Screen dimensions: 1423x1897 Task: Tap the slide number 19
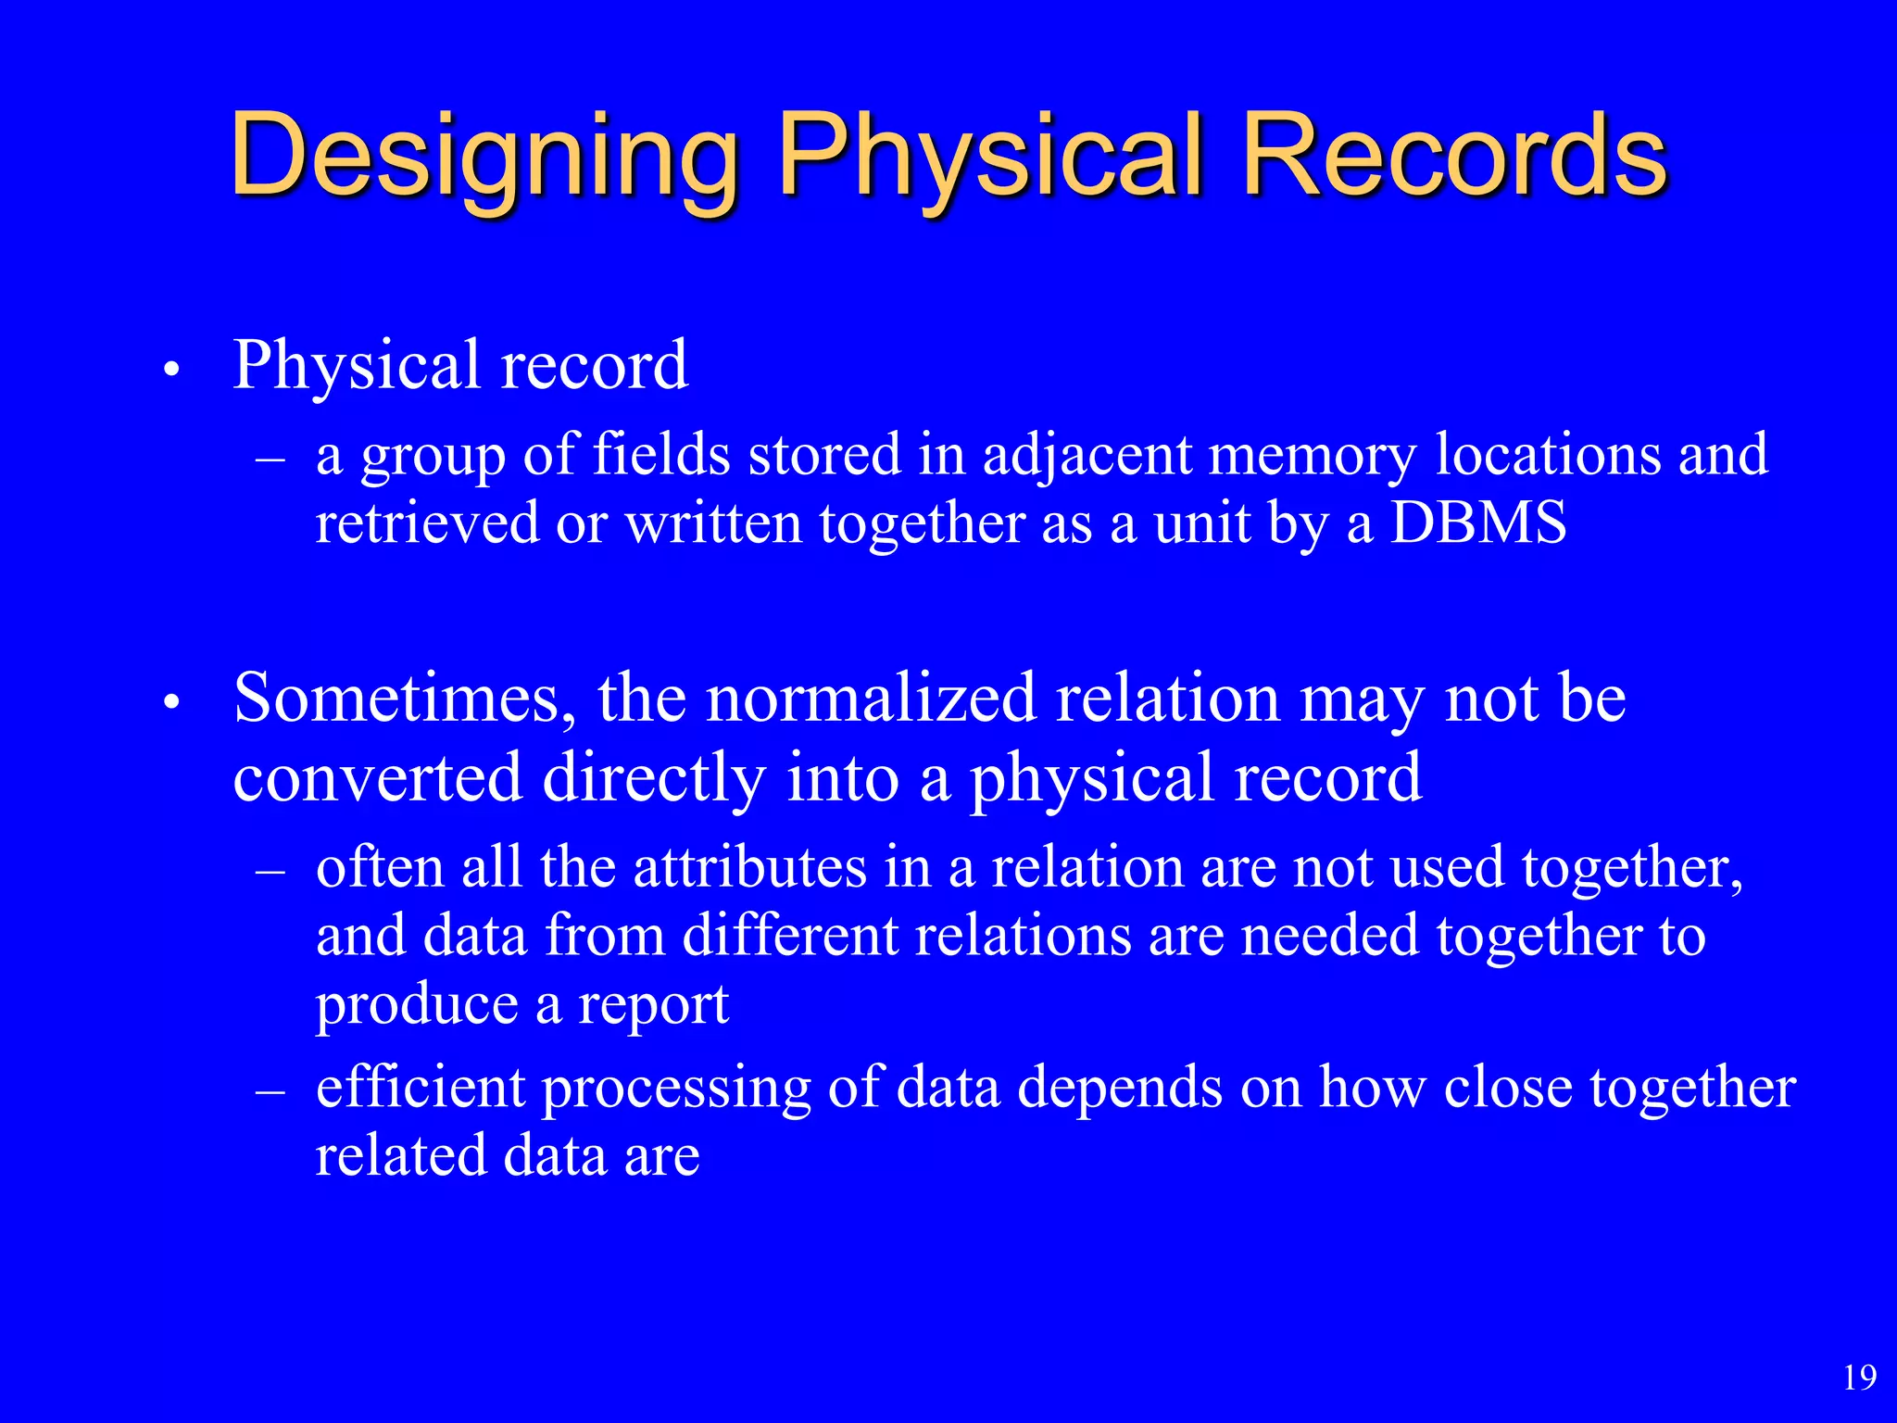[1859, 1378]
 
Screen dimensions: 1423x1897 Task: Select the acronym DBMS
[1478, 523]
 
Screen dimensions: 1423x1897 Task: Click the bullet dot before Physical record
[170, 371]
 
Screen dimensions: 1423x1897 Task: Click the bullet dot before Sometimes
[170, 704]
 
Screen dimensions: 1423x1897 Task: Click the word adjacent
[1087, 457]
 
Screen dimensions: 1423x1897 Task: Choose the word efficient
[421, 1088]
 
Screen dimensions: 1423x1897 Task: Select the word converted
[377, 778]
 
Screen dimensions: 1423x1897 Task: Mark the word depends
[1119, 1089]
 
